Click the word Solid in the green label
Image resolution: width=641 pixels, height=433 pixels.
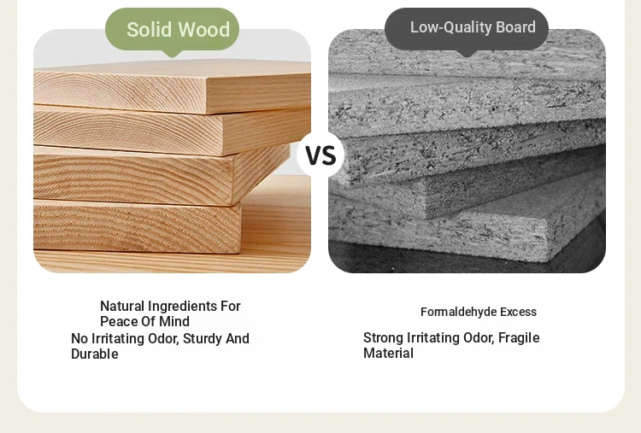click(x=150, y=29)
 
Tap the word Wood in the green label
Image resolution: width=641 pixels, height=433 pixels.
click(x=204, y=29)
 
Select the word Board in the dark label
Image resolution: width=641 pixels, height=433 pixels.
click(x=515, y=27)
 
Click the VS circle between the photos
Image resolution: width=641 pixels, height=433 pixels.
click(x=320, y=155)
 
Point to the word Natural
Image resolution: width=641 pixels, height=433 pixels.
click(x=122, y=306)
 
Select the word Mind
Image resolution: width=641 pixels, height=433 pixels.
click(x=174, y=321)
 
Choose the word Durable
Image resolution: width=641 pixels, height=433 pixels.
click(x=94, y=354)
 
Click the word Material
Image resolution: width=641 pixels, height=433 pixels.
click(x=388, y=353)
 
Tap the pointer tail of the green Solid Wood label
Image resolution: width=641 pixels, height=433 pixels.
click(x=172, y=53)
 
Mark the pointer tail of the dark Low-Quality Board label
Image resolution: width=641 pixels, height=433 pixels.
click(x=467, y=53)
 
